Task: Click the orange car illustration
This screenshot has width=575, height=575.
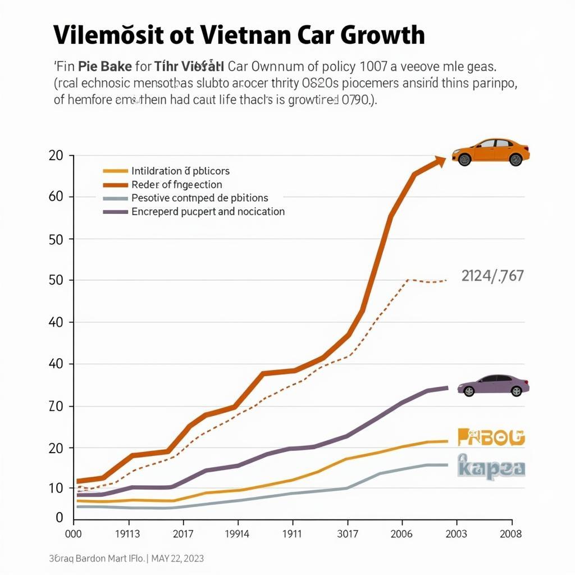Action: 491,152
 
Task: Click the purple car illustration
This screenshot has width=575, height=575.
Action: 493,385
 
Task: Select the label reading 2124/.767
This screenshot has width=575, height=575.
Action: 492,276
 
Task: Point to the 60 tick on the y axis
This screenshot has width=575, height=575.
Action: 58,197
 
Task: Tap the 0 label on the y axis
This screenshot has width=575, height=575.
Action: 60,518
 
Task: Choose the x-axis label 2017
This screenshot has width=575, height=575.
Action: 182,534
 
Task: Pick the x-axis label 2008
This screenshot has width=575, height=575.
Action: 510,534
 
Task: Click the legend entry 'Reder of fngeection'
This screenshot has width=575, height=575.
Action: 177,184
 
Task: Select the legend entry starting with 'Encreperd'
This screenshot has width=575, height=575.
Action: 208,212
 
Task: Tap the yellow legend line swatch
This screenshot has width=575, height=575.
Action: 115,171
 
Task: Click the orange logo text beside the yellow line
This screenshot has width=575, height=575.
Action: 491,437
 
